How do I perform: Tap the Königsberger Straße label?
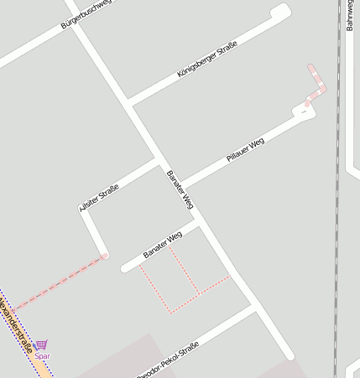207,60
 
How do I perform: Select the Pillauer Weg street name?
245,150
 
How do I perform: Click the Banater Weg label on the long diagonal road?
180,191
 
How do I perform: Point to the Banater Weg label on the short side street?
162,244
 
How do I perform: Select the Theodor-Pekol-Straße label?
168,360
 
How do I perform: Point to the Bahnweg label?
349,15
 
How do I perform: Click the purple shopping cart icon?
42,344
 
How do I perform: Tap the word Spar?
42,356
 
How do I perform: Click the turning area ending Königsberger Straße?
281,11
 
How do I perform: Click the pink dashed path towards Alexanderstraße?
59,282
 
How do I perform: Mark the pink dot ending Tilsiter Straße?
105,256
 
